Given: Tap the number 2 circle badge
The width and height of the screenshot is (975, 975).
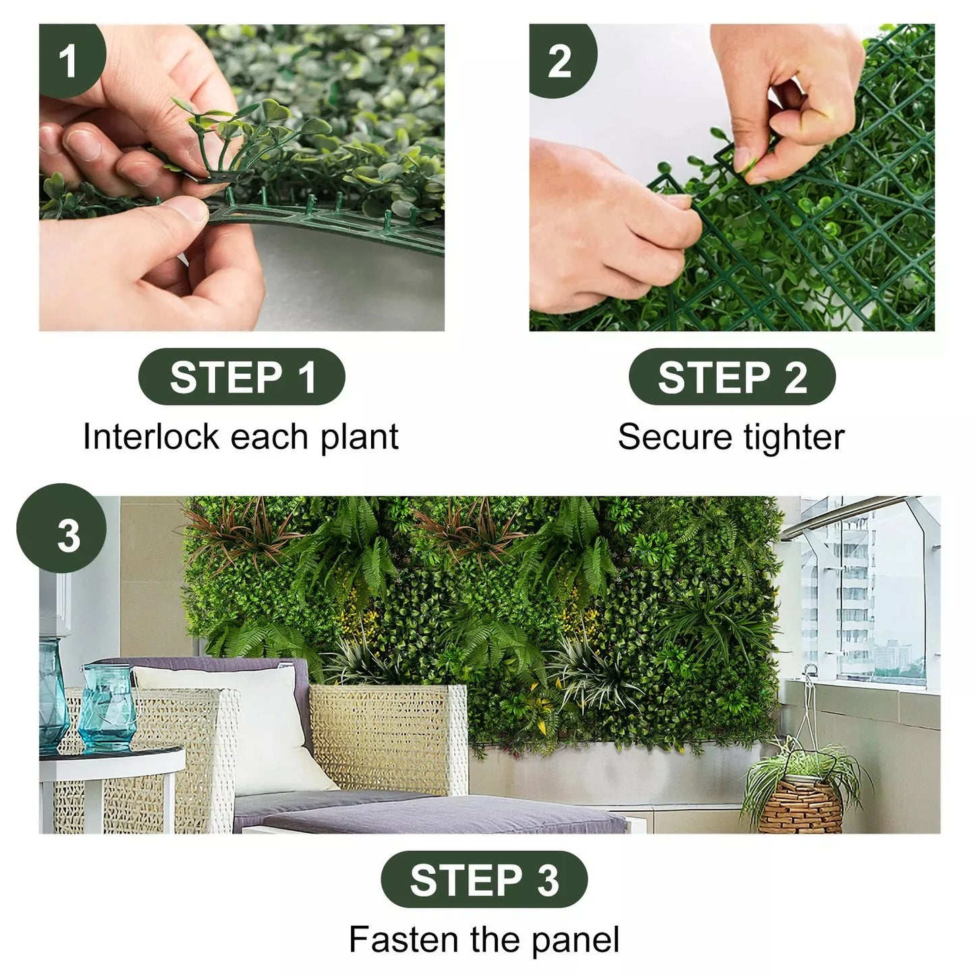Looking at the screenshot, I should coord(560,61).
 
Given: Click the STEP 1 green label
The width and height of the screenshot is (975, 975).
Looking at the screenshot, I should coord(242,377).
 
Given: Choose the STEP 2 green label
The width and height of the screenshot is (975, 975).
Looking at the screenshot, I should coord(732,377).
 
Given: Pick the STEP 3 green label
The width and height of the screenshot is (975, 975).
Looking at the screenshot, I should coord(484,879).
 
